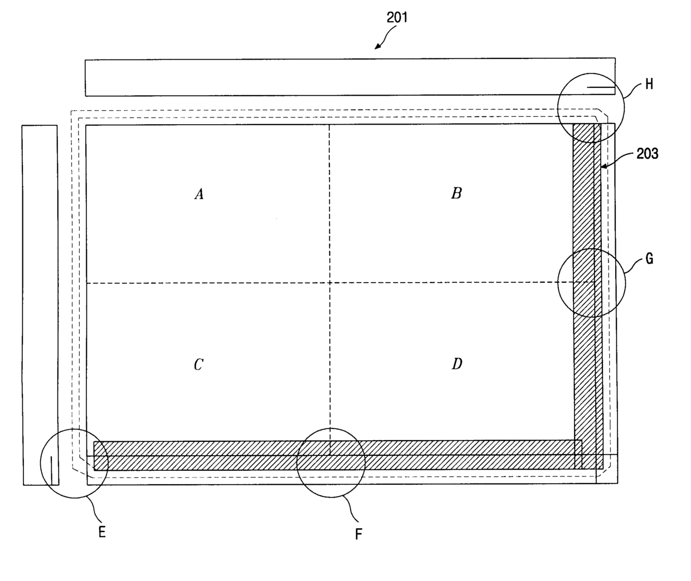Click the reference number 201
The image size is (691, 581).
[x=397, y=18]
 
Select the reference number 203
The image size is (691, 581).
[x=647, y=154]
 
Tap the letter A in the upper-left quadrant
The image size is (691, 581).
[x=198, y=194]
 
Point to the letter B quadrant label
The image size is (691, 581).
[x=456, y=193]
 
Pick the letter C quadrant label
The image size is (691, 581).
[x=198, y=365]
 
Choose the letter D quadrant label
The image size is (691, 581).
[x=456, y=365]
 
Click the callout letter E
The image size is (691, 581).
[x=102, y=532]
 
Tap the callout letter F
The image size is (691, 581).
[x=359, y=535]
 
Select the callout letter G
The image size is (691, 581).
[x=649, y=259]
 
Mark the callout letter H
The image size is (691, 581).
[x=649, y=85]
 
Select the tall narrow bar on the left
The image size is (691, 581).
[x=40, y=304]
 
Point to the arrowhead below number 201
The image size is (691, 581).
[x=377, y=47]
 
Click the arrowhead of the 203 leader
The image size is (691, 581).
[x=602, y=166]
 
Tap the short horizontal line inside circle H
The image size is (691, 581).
[x=601, y=87]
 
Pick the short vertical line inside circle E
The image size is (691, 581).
[x=52, y=470]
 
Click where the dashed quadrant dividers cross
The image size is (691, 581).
[x=329, y=283]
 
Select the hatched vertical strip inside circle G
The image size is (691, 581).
[x=584, y=283]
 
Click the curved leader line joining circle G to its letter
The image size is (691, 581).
[x=632, y=267]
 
